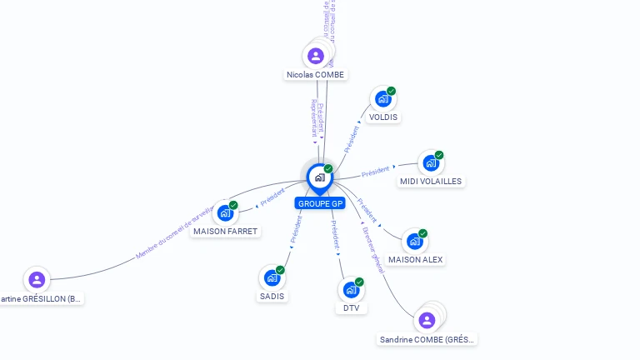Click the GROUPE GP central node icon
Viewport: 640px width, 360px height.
(x=319, y=177)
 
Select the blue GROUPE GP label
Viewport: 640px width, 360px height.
(x=319, y=203)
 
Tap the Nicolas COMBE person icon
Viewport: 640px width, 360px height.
(x=315, y=56)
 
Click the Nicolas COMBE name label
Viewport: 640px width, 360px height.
(x=315, y=75)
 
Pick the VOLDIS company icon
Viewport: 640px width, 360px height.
(x=383, y=99)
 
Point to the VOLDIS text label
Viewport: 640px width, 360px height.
(x=383, y=117)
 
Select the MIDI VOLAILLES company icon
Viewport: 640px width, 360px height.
(x=431, y=163)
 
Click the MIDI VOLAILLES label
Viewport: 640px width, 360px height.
(x=431, y=182)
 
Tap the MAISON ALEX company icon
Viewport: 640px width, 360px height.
(x=415, y=242)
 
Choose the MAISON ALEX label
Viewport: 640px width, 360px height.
(x=416, y=260)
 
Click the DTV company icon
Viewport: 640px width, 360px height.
(x=351, y=290)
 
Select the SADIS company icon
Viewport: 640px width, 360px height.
(x=272, y=278)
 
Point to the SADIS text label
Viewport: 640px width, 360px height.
(x=272, y=297)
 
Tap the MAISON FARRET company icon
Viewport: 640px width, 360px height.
(x=225, y=212)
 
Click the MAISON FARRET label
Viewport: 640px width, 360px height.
(x=225, y=231)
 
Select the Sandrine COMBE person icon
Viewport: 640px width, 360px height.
(x=427, y=320)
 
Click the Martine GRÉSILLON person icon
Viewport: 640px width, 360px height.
(x=36, y=280)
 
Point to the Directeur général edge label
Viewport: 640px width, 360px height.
(x=373, y=249)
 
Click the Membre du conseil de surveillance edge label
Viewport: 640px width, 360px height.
(x=177, y=232)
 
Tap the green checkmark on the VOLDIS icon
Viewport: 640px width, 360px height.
(x=392, y=91)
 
